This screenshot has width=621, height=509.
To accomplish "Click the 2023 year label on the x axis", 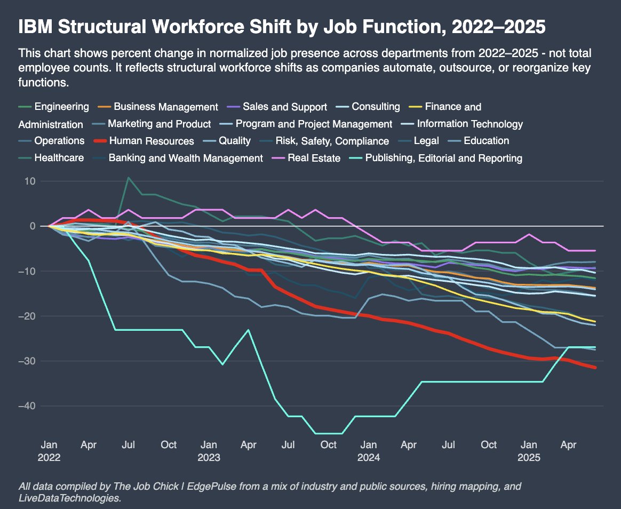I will pos(209,457).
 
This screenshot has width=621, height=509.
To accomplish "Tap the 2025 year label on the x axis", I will pos(529,457).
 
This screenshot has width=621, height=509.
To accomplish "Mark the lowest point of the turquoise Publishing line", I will pos(329,434).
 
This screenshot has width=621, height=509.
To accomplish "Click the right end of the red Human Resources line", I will pos(595,368).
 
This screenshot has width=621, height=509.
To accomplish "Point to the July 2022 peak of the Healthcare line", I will pos(129,178).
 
